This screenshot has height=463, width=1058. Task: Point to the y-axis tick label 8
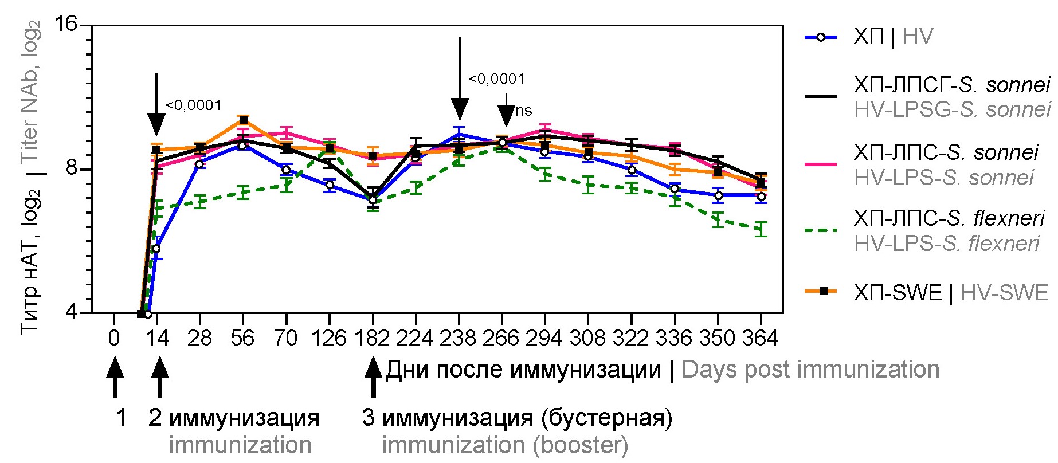click(70, 168)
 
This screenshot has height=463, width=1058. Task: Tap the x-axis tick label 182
click(373, 338)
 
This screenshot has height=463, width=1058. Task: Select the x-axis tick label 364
click(760, 338)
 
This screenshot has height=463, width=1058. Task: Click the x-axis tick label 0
click(113, 338)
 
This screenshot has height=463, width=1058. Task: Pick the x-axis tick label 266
click(501, 338)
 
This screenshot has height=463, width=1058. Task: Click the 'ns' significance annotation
click(523, 111)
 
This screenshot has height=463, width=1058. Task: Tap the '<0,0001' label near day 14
click(193, 105)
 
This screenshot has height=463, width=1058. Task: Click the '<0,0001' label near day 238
click(496, 79)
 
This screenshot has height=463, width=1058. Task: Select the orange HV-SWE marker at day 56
click(243, 120)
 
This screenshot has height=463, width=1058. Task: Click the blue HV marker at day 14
click(156, 249)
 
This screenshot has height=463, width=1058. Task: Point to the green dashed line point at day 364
click(761, 229)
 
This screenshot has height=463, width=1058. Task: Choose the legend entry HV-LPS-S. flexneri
click(946, 244)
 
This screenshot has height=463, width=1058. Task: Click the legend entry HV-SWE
click(1004, 293)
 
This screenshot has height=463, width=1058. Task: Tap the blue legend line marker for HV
click(821, 38)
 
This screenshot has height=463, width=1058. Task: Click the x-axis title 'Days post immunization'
click(810, 370)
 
